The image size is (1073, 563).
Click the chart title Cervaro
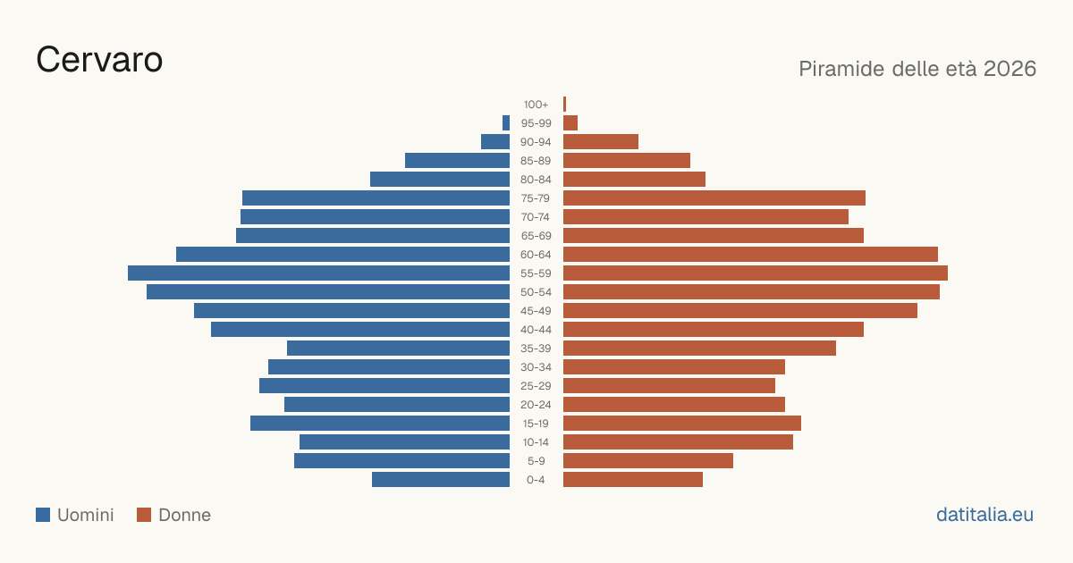point(99,60)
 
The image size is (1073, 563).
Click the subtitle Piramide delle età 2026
point(917,69)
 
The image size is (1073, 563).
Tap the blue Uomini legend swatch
point(43,515)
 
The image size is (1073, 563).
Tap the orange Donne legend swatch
point(144,515)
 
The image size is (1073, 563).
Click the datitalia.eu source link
point(984,515)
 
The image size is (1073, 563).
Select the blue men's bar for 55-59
point(318,273)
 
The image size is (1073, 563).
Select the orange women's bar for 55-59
point(756,273)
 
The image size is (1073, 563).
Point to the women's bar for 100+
point(565,104)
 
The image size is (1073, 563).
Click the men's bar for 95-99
point(506,122)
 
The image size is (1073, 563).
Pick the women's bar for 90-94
point(601,142)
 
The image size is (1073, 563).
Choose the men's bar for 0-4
point(441,479)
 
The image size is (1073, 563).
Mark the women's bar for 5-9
point(648,460)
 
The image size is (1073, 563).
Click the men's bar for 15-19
point(380,424)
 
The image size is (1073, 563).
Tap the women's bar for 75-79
point(714,197)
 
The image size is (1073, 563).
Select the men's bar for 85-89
point(458,160)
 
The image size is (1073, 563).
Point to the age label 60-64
point(536,255)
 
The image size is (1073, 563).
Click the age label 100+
point(536,105)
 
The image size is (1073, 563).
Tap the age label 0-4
point(536,480)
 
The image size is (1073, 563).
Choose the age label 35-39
point(536,349)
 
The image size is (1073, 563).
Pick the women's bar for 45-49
point(740,311)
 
